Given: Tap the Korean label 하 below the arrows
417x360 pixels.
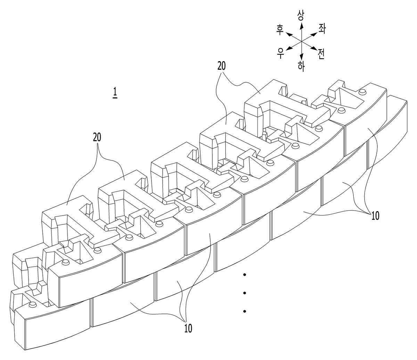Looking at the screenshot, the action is coord(301,66).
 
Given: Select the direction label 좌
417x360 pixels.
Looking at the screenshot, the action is coord(321,29).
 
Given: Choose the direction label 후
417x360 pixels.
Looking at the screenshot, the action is coord(280,30).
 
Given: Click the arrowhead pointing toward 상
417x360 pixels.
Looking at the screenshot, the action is coord(301,25).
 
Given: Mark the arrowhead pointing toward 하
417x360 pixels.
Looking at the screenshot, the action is coord(301,57).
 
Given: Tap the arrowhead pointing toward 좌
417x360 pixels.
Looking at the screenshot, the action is coord(314,34).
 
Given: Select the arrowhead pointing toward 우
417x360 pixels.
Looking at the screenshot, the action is coord(289,48).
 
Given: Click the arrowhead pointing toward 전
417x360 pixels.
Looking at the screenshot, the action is coord(314,48).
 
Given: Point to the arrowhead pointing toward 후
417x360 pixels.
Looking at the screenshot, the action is coord(290,34).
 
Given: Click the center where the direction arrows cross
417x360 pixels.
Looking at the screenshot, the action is coord(301,41).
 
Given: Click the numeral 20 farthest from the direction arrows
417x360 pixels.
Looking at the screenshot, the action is coord(97,138).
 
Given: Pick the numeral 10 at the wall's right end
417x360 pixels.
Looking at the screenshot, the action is coord(375,216).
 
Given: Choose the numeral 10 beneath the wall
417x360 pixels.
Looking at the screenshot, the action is coord(188,328).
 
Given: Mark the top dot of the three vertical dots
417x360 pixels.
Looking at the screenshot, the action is coord(245,275).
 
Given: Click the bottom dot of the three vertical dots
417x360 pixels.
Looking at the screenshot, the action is coord(245,311).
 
